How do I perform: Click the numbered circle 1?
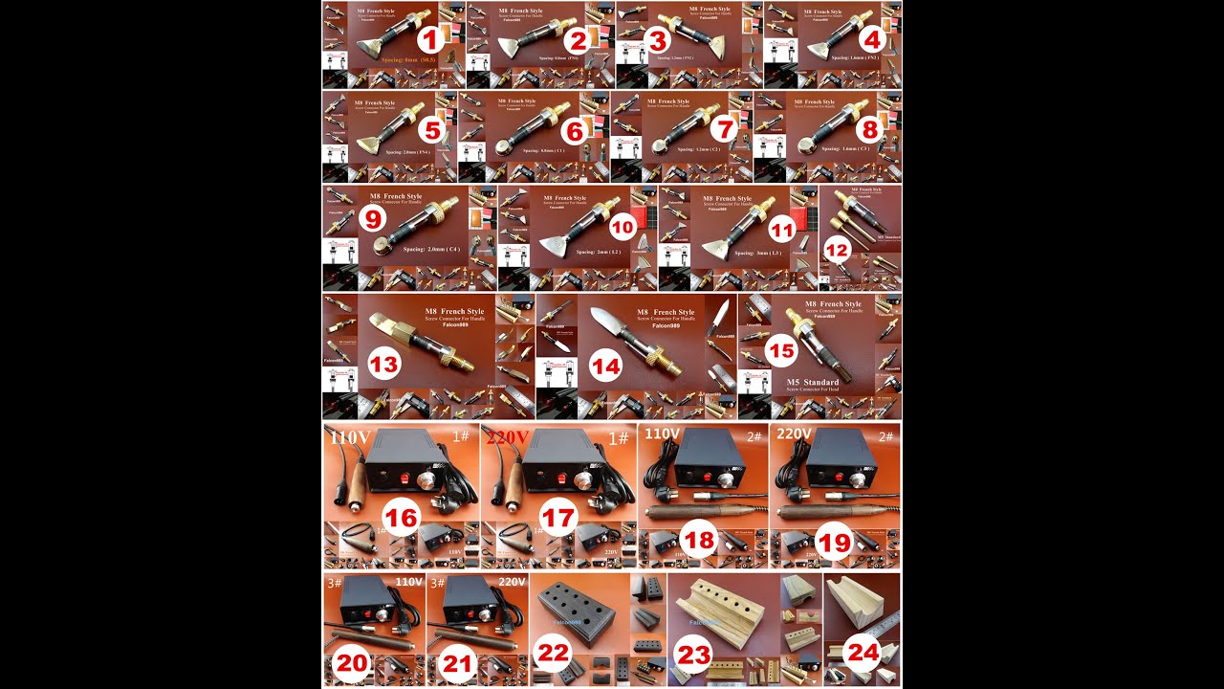point(431,39)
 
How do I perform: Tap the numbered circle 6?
point(575,132)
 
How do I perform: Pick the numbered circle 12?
point(837,251)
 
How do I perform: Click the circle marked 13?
point(383,365)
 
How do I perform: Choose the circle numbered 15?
point(781,351)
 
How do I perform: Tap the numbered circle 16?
point(403,518)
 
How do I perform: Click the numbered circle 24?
point(863,653)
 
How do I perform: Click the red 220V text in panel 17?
point(507,437)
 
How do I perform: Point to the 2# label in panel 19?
point(885,435)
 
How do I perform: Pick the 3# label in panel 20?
point(331,581)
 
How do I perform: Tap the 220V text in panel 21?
point(512,581)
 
